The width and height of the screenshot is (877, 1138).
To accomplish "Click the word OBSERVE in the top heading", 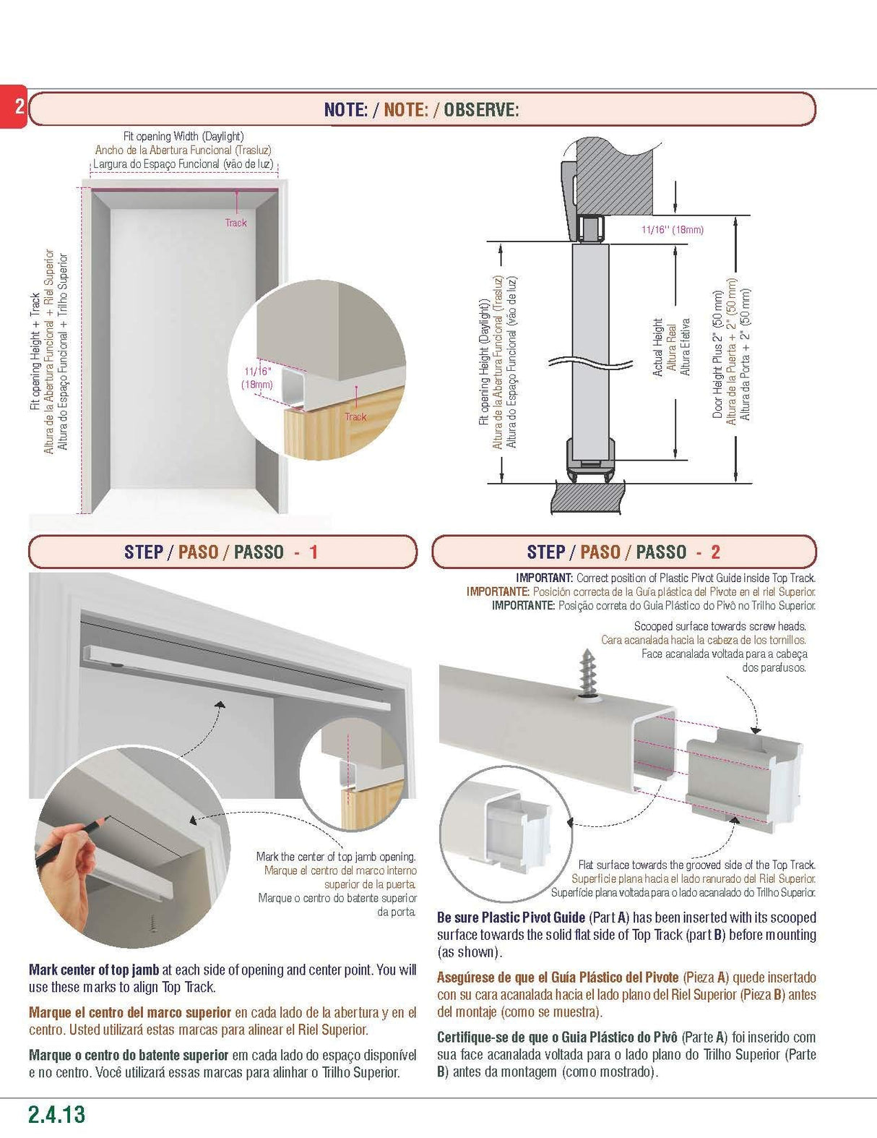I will tap(481, 110).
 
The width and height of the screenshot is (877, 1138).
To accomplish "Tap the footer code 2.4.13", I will tap(56, 1114).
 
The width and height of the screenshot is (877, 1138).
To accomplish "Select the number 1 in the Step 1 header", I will tap(314, 552).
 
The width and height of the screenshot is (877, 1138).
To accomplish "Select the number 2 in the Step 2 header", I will tap(715, 552).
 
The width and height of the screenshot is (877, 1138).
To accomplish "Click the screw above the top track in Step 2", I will tap(588, 677).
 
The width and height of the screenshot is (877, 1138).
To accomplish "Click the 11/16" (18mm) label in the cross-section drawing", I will tap(672, 230).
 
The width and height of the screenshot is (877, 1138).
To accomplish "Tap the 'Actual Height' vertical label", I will tap(657, 347).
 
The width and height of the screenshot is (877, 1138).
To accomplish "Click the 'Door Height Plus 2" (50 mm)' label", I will tap(717, 354).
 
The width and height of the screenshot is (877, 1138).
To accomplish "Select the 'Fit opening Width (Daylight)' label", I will tap(183, 136).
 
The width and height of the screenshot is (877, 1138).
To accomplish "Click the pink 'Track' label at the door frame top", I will tap(236, 223).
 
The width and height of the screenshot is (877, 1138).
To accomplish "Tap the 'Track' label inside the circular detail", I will tap(355, 416).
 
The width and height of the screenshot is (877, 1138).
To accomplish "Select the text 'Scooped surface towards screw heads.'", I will tap(720, 626).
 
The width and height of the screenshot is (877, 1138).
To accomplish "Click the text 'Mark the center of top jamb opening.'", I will tap(336, 857).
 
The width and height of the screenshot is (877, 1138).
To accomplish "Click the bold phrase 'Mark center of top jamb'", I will tap(94, 970).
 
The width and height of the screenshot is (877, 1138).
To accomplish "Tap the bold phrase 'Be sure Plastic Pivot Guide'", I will tap(511, 917).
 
